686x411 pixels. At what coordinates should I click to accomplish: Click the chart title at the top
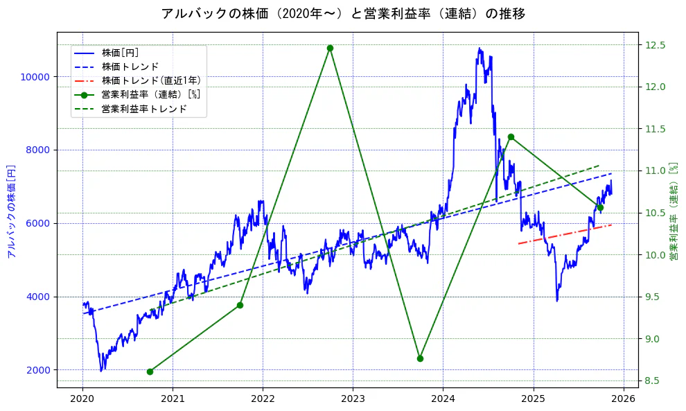[343, 14]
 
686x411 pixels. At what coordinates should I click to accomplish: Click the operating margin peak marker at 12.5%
[330, 48]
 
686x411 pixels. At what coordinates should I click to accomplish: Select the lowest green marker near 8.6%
[150, 371]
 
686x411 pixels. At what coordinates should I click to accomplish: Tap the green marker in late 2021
[240, 305]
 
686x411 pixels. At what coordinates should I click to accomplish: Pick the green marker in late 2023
[420, 358]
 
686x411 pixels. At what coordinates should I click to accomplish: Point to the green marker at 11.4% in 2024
[511, 137]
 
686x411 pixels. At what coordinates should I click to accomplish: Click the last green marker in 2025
[600, 207]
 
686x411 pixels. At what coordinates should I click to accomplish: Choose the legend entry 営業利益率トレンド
[143, 109]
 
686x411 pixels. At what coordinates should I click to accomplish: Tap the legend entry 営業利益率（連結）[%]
[150, 94]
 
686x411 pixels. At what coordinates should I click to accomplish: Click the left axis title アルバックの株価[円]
[11, 211]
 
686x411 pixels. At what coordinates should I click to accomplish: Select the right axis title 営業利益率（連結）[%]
[673, 211]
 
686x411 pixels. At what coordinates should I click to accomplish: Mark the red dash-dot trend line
[565, 234]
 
